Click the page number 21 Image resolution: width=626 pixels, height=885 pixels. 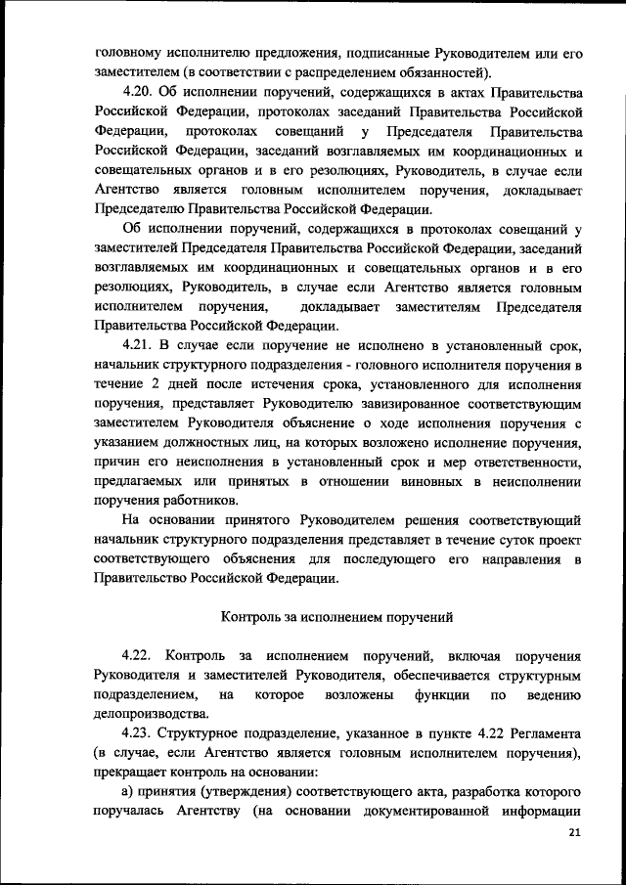coord(572,833)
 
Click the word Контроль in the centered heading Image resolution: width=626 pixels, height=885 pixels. coord(257,618)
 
